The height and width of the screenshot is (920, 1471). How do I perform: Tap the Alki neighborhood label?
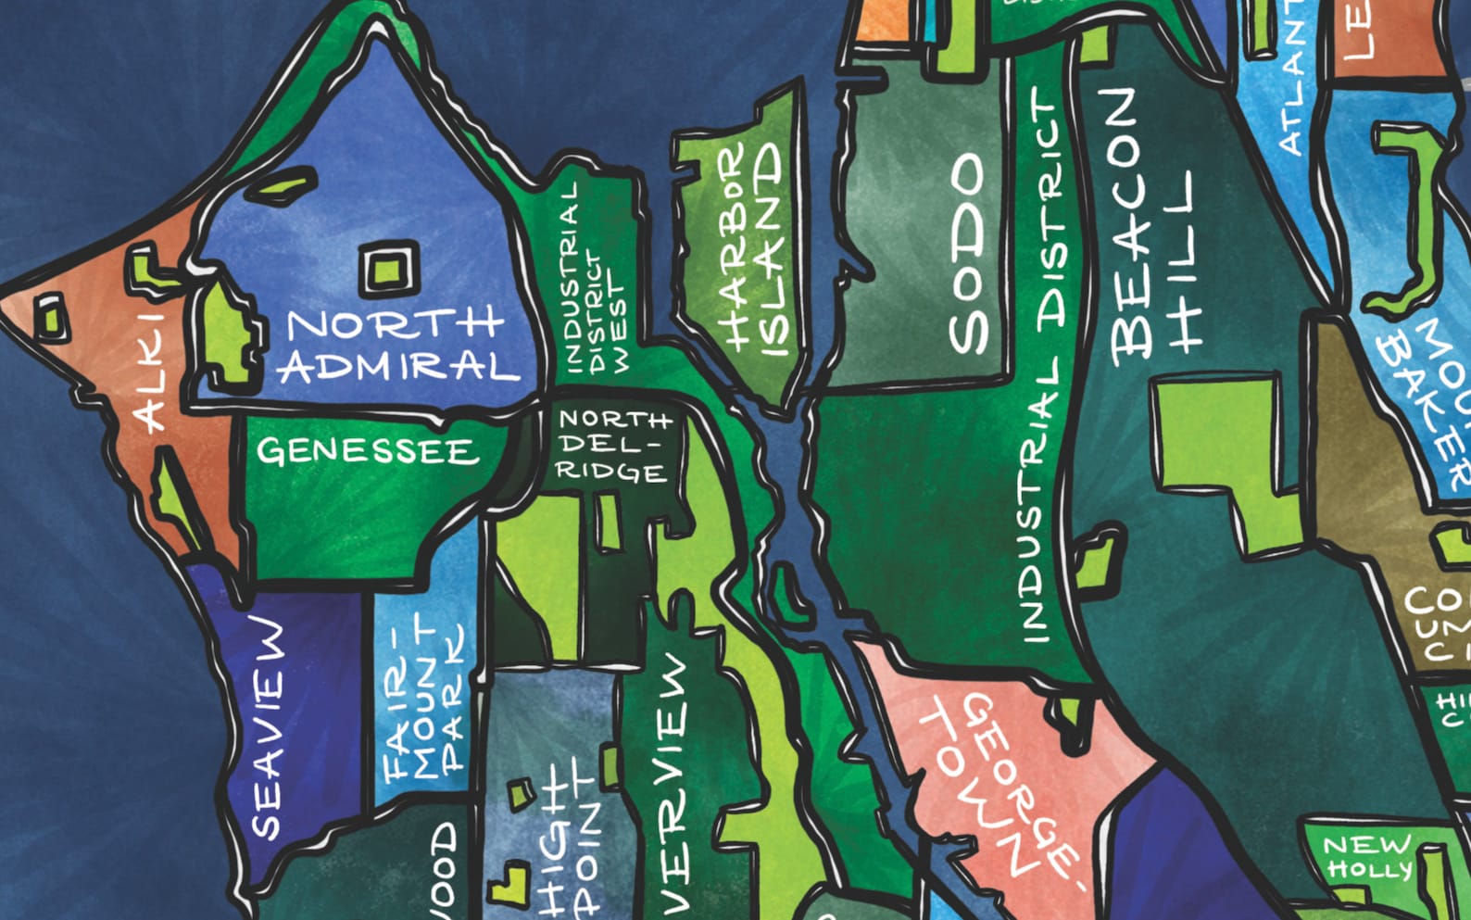148,371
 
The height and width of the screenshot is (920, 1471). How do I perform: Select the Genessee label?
368,451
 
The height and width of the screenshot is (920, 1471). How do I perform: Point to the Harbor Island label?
750,250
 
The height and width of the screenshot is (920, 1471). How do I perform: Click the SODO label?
969,255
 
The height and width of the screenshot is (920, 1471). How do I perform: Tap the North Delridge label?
612,446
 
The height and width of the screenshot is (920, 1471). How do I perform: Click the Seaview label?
267,728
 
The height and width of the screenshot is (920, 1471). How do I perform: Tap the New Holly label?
1367,857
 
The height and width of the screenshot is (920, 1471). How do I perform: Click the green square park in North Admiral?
387,270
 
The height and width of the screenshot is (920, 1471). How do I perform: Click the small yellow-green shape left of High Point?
521,792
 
